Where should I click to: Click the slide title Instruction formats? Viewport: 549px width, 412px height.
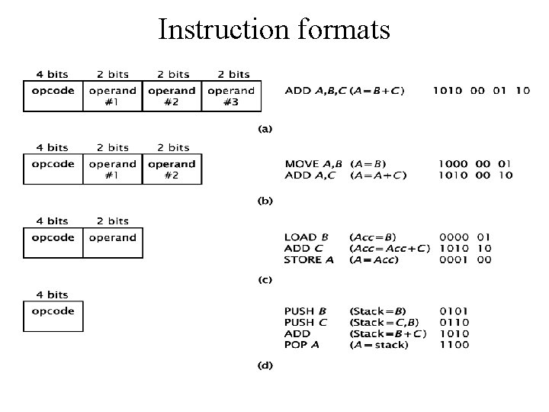[274, 30]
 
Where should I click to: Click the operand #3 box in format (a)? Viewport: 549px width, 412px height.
[231, 96]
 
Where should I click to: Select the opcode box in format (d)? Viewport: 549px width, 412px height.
[53, 317]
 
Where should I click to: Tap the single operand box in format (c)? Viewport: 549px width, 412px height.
[113, 243]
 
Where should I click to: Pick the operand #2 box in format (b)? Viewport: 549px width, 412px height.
[172, 169]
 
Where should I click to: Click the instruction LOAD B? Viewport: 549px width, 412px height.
[306, 237]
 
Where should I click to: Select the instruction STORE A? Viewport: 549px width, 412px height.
[309, 260]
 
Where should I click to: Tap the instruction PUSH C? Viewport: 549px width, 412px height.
[307, 322]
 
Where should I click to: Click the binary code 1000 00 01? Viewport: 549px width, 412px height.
[474, 164]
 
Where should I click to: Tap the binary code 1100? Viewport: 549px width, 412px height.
[454, 345]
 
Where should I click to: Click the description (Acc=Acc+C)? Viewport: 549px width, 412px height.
[389, 249]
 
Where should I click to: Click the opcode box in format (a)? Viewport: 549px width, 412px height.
[53, 96]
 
